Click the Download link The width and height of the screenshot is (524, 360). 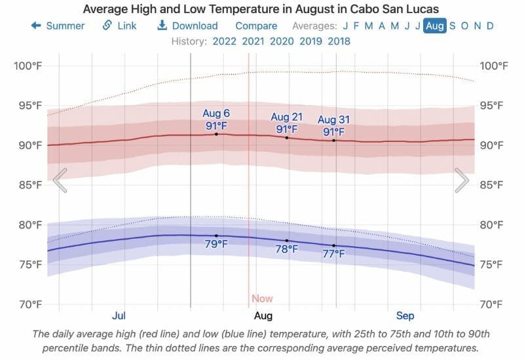pos(187,26)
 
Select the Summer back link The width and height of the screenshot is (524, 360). pos(58,26)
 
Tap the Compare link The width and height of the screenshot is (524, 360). pos(256,26)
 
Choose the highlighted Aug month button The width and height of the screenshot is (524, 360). pos(435,26)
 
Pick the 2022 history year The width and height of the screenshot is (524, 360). pos(225,41)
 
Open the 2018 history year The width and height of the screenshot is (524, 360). pos(338,41)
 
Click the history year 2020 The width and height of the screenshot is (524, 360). pos(282,41)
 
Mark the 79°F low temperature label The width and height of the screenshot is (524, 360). pos(216,245)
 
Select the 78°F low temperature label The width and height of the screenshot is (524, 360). pos(287,249)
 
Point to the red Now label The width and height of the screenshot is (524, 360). pos(262,298)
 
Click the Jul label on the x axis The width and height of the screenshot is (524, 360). pos(119,315)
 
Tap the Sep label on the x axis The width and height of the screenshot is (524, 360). pos(405,315)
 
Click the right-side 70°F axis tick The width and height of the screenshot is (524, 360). pos(494,304)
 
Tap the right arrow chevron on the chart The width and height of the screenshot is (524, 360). pos(462,181)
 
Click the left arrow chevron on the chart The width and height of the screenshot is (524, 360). pos(60,181)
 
